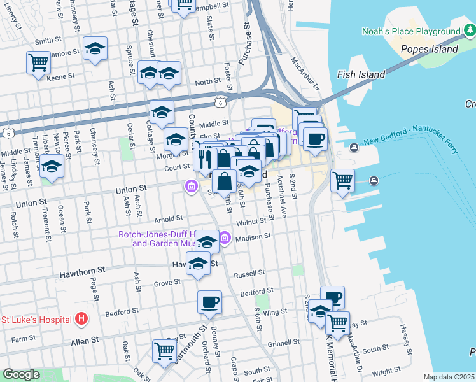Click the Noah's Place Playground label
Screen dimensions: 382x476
411,31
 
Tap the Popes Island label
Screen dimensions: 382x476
429,49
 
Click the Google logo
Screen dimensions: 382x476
20,374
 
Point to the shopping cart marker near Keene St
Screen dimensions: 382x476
38,64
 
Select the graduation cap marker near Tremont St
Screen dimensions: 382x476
52,167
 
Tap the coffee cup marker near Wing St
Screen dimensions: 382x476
209,302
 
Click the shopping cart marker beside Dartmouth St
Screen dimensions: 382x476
164,351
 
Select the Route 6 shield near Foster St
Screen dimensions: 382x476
220,101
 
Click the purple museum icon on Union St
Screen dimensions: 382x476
190,186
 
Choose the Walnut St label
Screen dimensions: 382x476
249,222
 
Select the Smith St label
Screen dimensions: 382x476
48,41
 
